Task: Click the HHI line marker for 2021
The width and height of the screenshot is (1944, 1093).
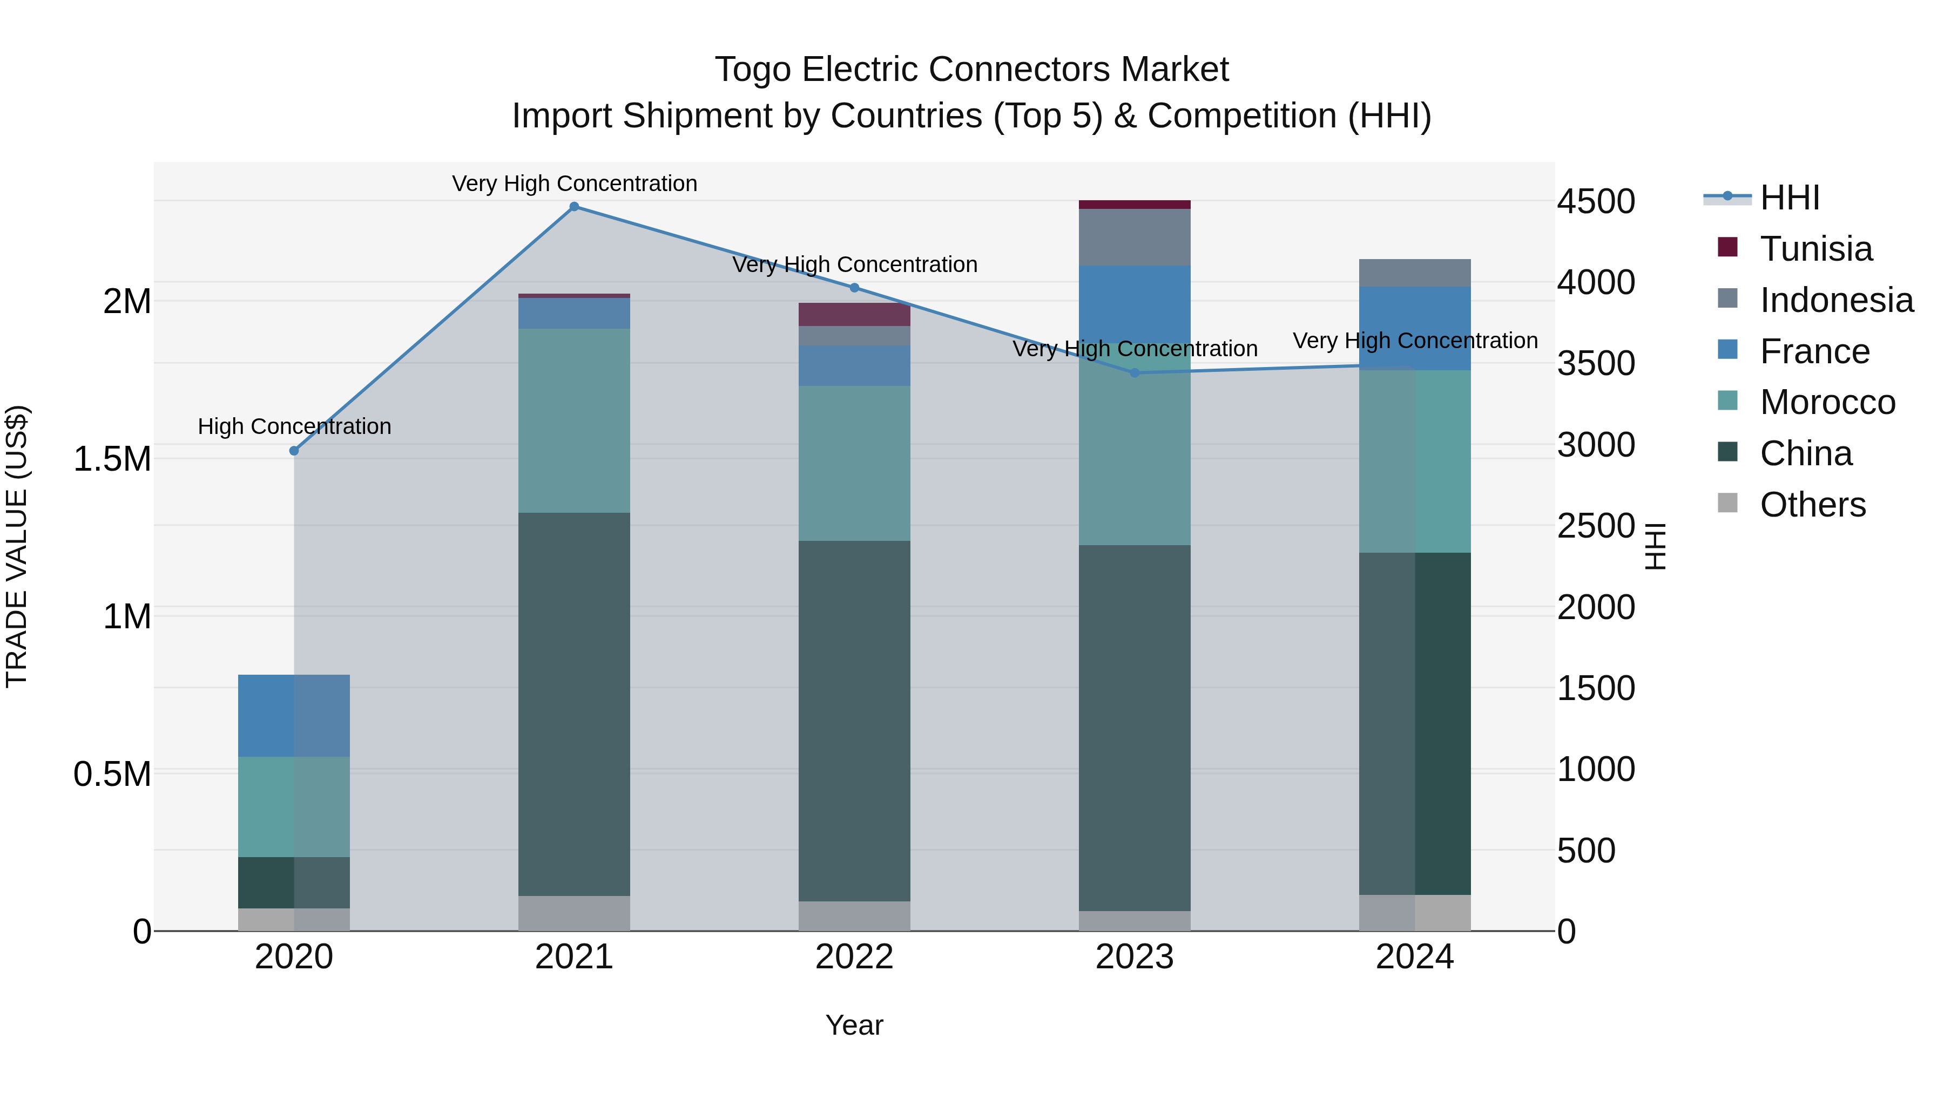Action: point(575,207)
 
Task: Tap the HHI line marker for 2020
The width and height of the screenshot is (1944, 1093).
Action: point(294,451)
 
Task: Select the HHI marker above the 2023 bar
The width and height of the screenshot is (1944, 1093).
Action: point(1135,372)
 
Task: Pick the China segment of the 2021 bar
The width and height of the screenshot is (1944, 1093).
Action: point(575,704)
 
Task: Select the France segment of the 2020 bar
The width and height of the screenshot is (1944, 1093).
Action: point(294,715)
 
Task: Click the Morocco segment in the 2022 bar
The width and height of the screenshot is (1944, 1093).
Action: point(854,463)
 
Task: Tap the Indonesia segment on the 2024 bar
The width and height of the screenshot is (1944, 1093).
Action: point(1415,273)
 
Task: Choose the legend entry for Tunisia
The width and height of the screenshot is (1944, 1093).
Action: point(1815,249)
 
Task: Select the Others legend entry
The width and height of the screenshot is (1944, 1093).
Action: point(1812,505)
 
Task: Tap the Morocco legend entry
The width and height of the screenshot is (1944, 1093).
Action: point(1827,402)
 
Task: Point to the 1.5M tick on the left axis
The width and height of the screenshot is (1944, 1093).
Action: point(112,459)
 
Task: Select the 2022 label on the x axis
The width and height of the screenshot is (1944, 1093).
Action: point(854,957)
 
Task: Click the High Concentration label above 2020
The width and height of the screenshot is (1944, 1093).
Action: point(294,426)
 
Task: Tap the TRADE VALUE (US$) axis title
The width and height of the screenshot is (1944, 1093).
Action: point(17,546)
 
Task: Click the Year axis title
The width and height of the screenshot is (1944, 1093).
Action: point(854,1025)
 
